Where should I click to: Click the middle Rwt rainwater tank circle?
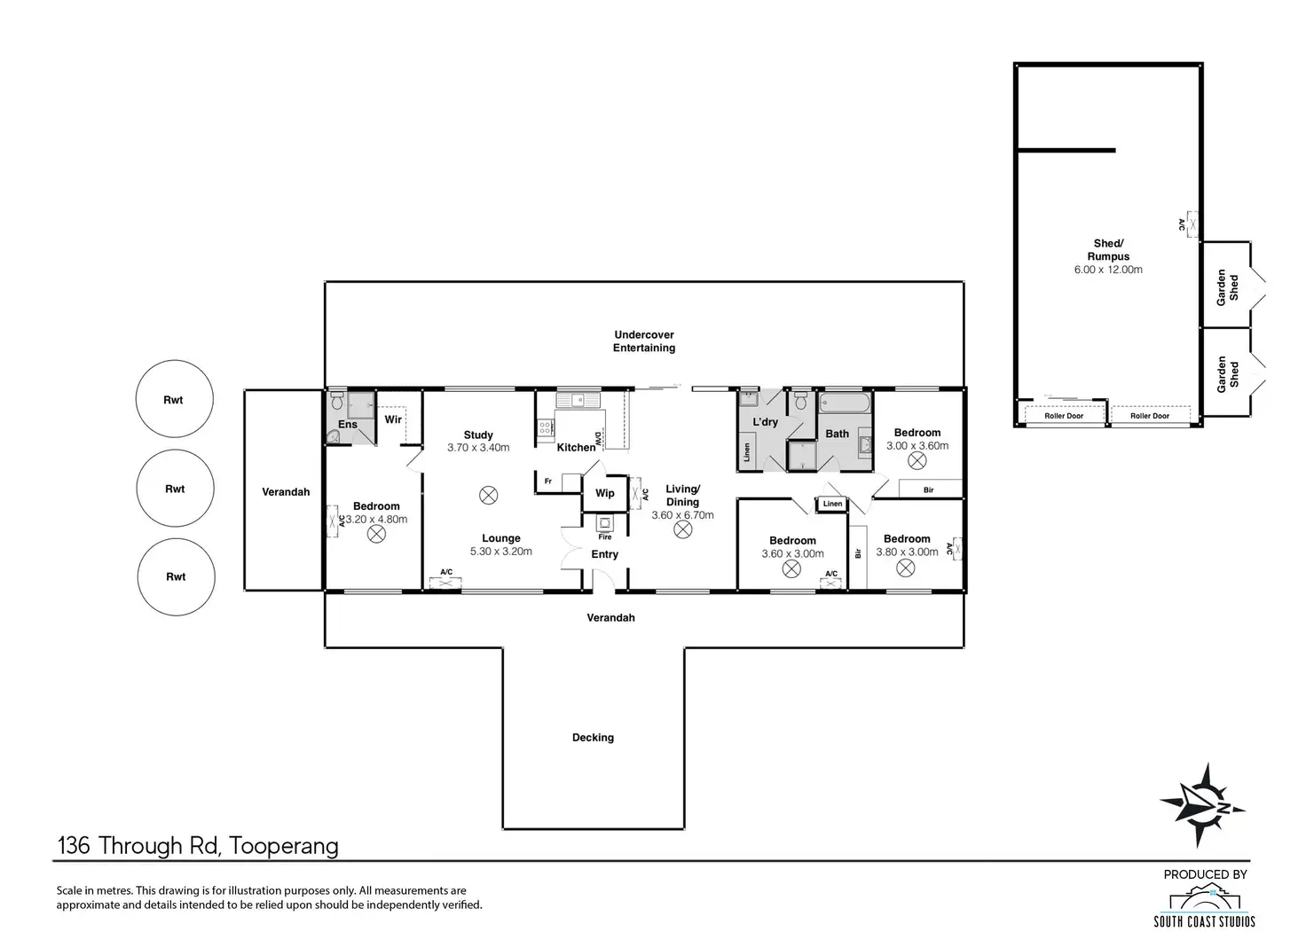click(175, 488)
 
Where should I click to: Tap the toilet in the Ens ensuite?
click(337, 401)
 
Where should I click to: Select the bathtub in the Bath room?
click(845, 403)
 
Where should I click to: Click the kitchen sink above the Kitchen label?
click(578, 400)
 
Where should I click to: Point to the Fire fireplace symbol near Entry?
click(604, 523)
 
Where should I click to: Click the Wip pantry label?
click(604, 493)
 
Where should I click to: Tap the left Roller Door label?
click(1064, 416)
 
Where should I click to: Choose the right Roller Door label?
click(1150, 416)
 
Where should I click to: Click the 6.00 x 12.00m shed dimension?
click(1108, 270)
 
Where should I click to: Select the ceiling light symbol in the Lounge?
click(489, 496)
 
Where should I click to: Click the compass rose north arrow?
click(1203, 805)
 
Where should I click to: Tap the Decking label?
click(593, 737)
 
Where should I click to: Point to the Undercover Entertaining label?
click(643, 341)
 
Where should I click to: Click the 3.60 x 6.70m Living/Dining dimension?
click(682, 514)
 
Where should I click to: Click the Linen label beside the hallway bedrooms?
click(832, 504)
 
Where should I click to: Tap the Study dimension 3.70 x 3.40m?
click(478, 447)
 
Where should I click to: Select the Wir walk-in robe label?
click(393, 419)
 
